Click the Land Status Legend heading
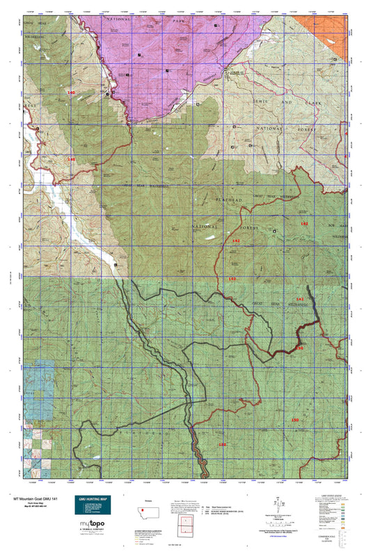pyautogui.click(x=335, y=495)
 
